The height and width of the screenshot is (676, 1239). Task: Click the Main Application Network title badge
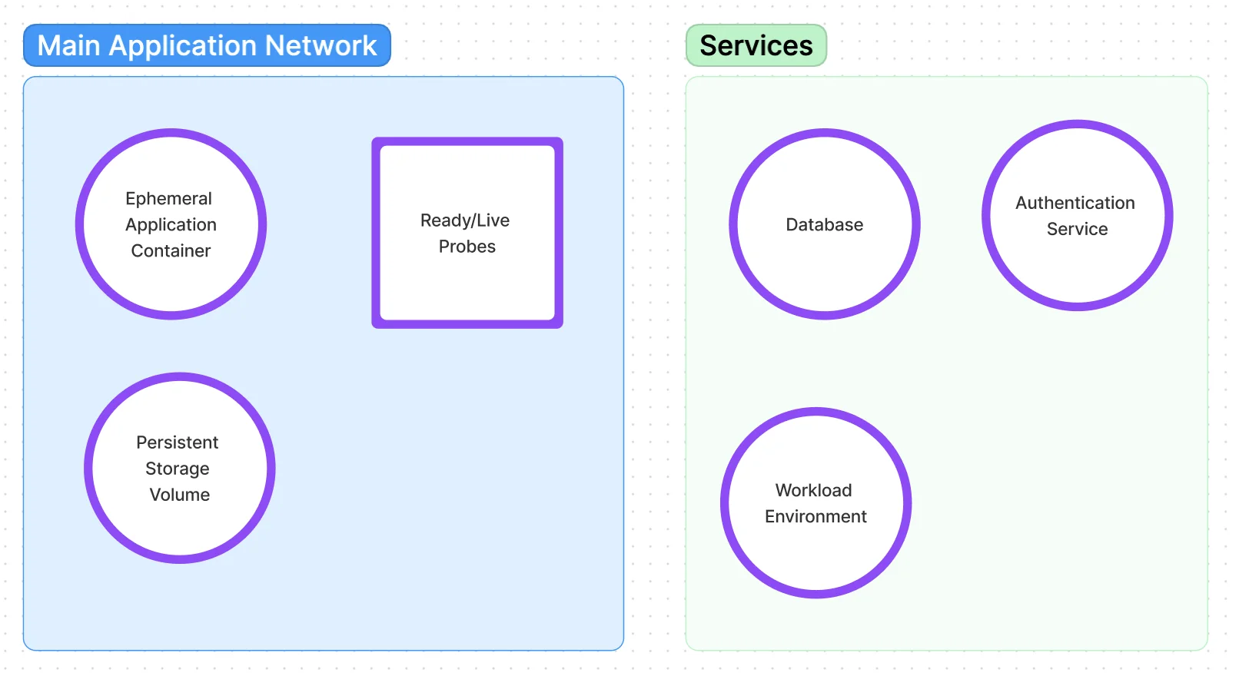[x=207, y=45]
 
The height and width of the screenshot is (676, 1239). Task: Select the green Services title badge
[x=756, y=45]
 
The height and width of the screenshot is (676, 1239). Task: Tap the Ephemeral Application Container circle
[x=171, y=284]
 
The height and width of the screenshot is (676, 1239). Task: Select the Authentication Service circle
[x=1077, y=269]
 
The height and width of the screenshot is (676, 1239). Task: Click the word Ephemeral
[x=168, y=198]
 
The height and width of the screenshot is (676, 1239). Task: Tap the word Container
[x=171, y=250]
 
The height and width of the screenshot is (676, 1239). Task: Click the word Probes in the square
[x=467, y=247]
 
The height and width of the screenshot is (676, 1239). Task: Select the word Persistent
[x=177, y=442]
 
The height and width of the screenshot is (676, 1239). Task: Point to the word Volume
[x=180, y=495]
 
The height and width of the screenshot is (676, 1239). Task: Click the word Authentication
[x=1075, y=203]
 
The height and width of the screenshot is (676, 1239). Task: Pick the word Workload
[x=813, y=490]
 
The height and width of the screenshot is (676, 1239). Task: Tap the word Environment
[x=815, y=516]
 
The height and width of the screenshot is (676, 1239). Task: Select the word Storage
[x=177, y=469]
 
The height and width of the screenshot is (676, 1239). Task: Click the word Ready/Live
[x=464, y=220]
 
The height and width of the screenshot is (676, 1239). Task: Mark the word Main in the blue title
[x=69, y=45]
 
